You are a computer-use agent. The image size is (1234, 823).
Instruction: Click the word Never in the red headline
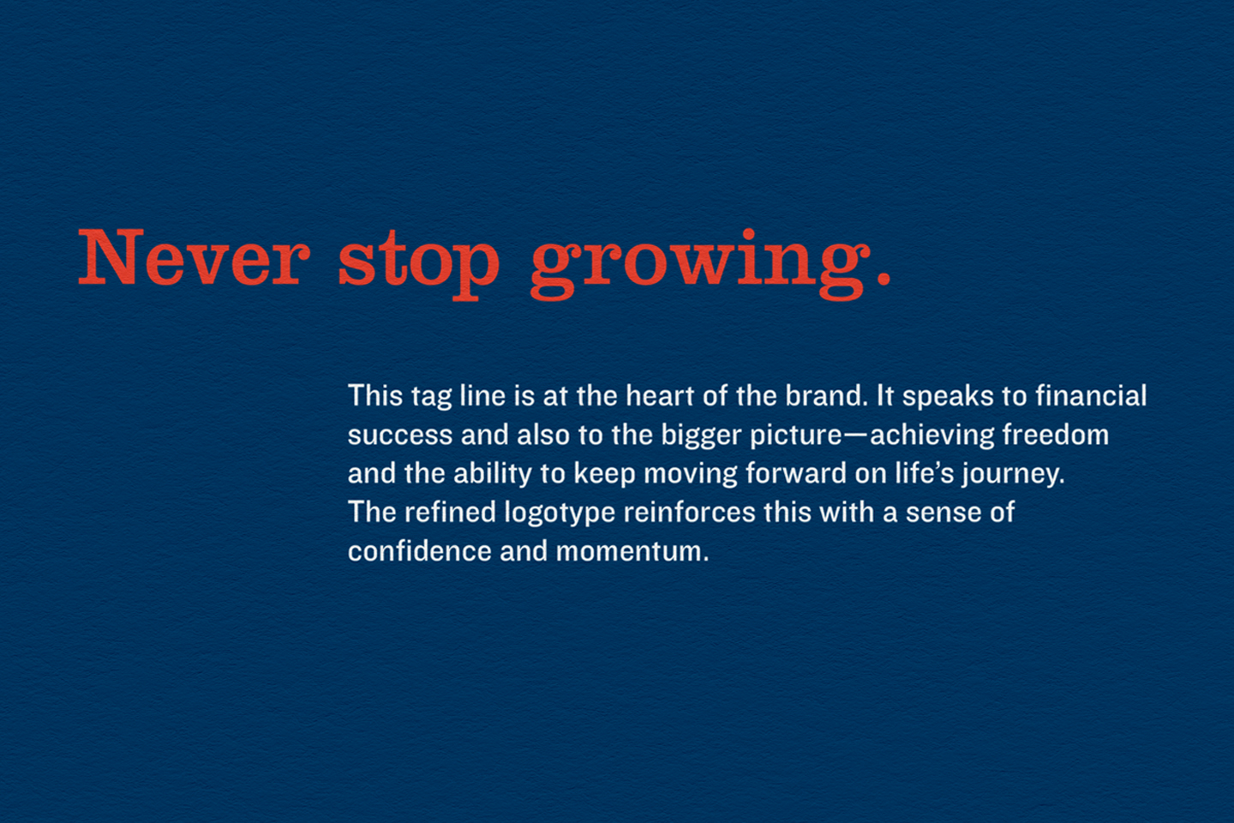pyautogui.click(x=194, y=257)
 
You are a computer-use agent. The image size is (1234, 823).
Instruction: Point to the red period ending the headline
pyautogui.click(x=883, y=277)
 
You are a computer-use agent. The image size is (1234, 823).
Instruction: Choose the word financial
pyautogui.click(x=1091, y=395)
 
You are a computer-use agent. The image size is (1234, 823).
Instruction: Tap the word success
pyautogui.click(x=400, y=436)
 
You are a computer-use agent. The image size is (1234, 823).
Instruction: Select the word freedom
pyautogui.click(x=1056, y=434)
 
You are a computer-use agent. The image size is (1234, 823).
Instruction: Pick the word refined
pyautogui.click(x=451, y=512)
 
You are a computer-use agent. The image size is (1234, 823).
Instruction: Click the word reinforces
pyautogui.click(x=689, y=512)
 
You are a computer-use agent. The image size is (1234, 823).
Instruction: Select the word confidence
pyautogui.click(x=420, y=550)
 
